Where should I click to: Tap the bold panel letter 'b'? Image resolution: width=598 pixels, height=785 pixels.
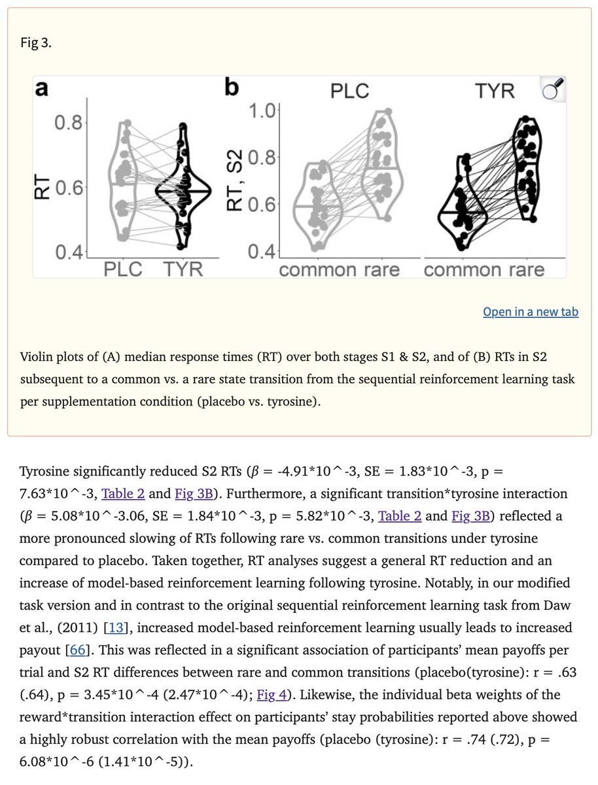point(232,88)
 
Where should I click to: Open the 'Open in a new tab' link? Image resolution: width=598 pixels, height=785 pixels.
point(530,311)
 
